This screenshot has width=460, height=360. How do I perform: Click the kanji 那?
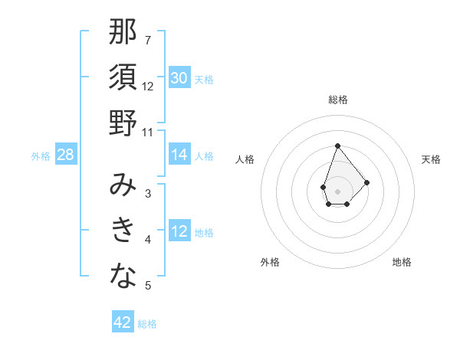[x=123, y=33]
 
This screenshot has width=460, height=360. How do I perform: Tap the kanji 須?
[x=123, y=78]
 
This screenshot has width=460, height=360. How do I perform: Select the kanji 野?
[x=123, y=123]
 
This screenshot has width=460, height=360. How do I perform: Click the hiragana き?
[x=123, y=231]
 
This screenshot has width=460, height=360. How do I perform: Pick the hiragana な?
[x=123, y=277]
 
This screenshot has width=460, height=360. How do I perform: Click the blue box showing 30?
[x=179, y=78]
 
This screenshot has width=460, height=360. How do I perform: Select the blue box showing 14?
[x=179, y=155]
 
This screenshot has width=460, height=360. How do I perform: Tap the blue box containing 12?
[x=179, y=231]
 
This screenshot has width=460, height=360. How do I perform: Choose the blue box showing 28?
[x=66, y=155]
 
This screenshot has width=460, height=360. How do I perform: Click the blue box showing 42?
[x=123, y=322]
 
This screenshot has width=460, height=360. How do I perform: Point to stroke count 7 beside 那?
[x=148, y=40]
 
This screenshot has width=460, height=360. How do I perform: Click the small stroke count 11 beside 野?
[x=148, y=132]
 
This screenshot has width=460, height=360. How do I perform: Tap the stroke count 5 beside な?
[x=148, y=286]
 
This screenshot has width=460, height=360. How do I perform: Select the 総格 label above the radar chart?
[x=338, y=100]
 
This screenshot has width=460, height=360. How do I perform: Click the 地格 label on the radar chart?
[x=402, y=262]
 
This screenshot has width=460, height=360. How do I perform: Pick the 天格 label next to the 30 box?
[x=204, y=79]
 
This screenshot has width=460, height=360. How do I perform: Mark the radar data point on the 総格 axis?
[x=337, y=146]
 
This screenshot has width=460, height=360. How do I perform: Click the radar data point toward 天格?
[x=367, y=182]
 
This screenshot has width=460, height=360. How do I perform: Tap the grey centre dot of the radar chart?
[x=337, y=190]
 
